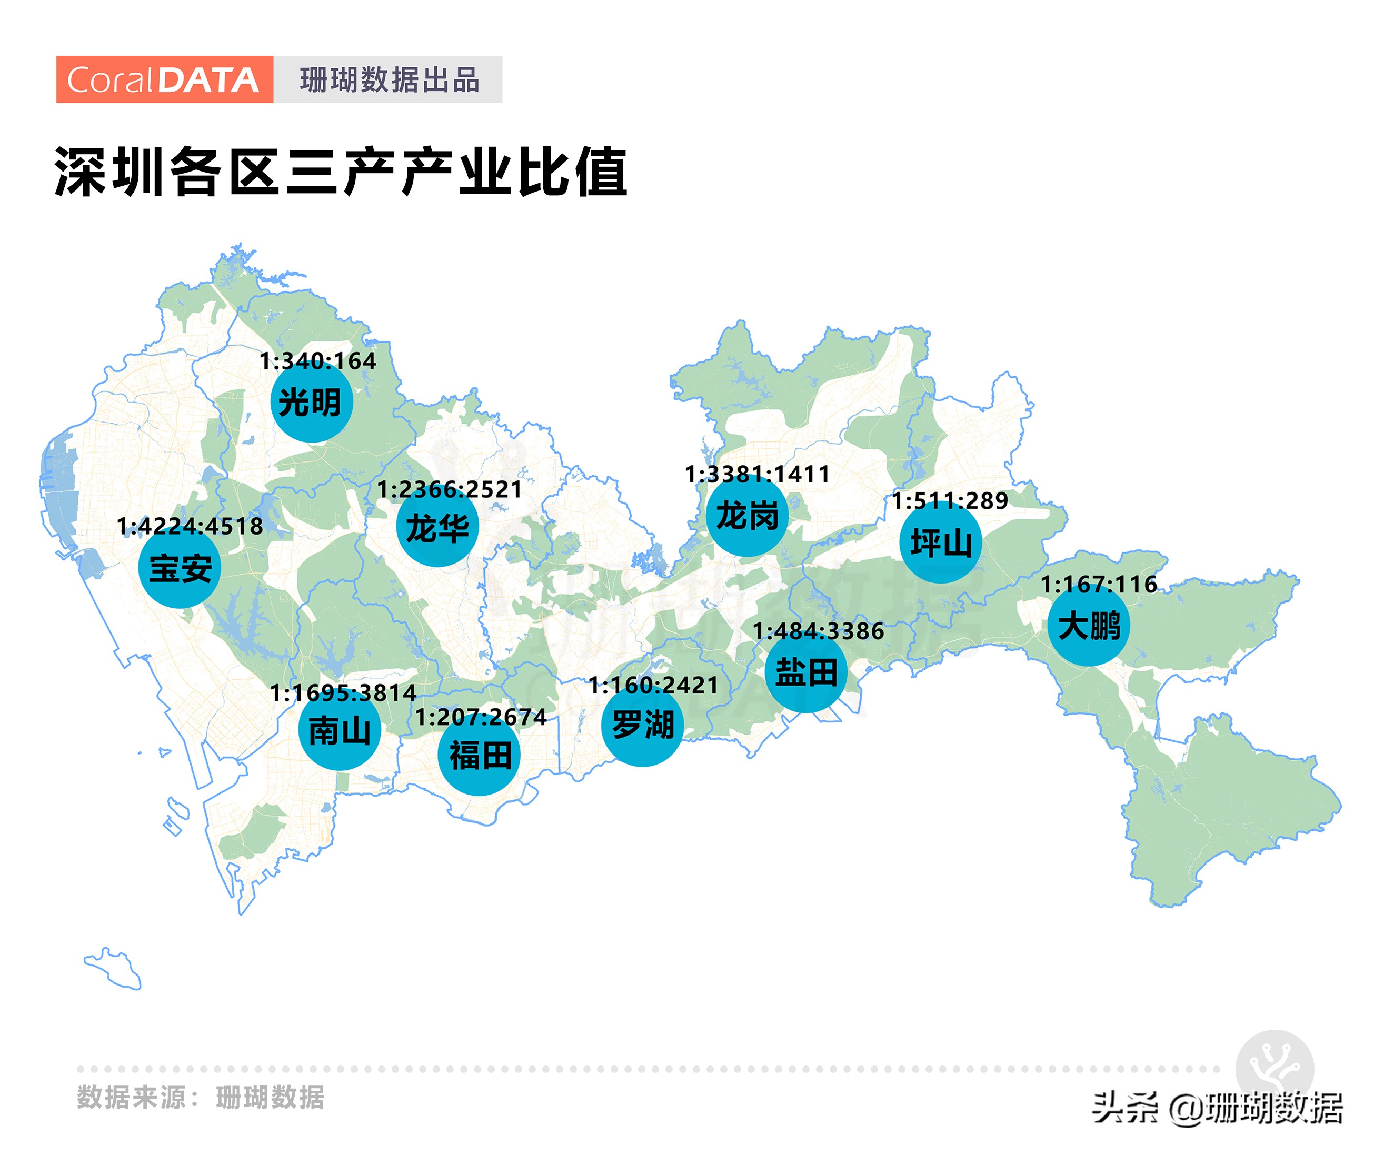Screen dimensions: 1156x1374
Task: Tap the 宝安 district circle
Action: (x=180, y=568)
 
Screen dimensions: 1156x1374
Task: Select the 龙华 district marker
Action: (x=437, y=527)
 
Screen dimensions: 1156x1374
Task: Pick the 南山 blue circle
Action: (x=340, y=730)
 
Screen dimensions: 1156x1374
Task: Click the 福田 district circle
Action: (x=479, y=755)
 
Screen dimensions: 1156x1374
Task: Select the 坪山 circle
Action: (x=941, y=542)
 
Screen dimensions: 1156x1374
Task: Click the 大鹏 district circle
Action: (x=1088, y=625)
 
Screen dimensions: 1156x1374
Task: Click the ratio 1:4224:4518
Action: (x=190, y=526)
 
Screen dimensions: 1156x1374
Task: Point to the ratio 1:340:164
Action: (x=318, y=360)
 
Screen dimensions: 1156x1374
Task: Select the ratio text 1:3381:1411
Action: (x=757, y=474)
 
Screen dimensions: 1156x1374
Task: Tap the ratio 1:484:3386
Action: (x=818, y=630)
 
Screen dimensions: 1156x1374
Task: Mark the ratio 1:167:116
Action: (x=1099, y=584)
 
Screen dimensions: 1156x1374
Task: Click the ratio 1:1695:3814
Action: (x=343, y=692)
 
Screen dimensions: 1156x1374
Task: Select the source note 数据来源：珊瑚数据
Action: (x=201, y=1097)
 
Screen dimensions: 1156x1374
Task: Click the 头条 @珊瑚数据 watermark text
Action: (x=1217, y=1108)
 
